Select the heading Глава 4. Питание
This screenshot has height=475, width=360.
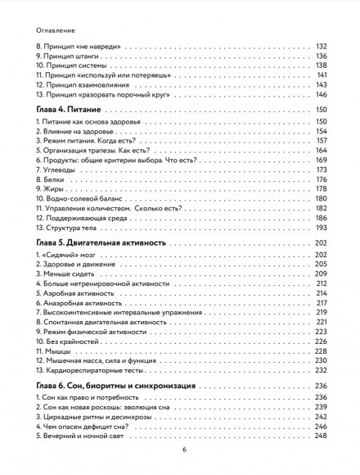67,109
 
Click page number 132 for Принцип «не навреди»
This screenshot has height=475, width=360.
321,46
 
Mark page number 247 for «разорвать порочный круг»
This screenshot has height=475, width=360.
321,94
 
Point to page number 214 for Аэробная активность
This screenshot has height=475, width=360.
321,292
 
